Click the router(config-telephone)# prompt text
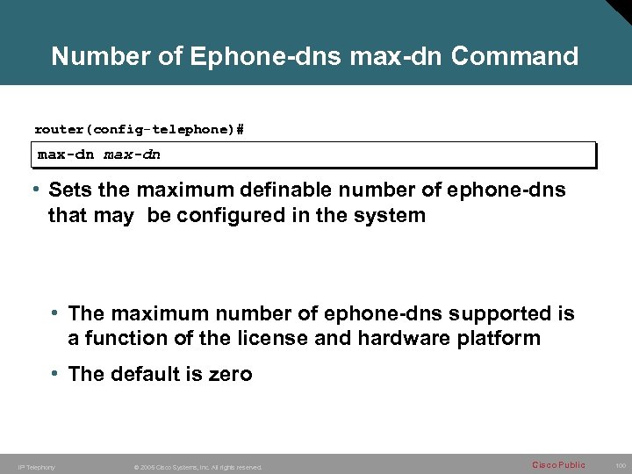coord(140,129)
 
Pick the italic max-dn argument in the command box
coord(133,154)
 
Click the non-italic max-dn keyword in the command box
coord(66,154)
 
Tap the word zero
coord(230,374)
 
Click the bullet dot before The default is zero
coord(54,373)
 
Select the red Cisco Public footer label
coord(558,464)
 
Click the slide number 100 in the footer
coord(620,465)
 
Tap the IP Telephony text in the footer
coord(36,467)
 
